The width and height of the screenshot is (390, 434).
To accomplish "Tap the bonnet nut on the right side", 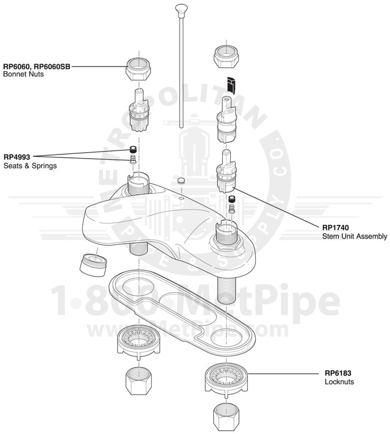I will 227,56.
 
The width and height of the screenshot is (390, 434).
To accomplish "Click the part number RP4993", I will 17,156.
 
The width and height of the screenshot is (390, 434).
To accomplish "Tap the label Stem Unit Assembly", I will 354,236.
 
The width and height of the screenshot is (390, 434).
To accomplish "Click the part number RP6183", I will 338,373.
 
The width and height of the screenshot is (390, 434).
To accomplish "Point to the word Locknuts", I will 339,382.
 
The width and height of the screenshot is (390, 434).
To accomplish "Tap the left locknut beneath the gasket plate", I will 139,341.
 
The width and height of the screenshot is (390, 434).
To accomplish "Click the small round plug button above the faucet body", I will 181,180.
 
